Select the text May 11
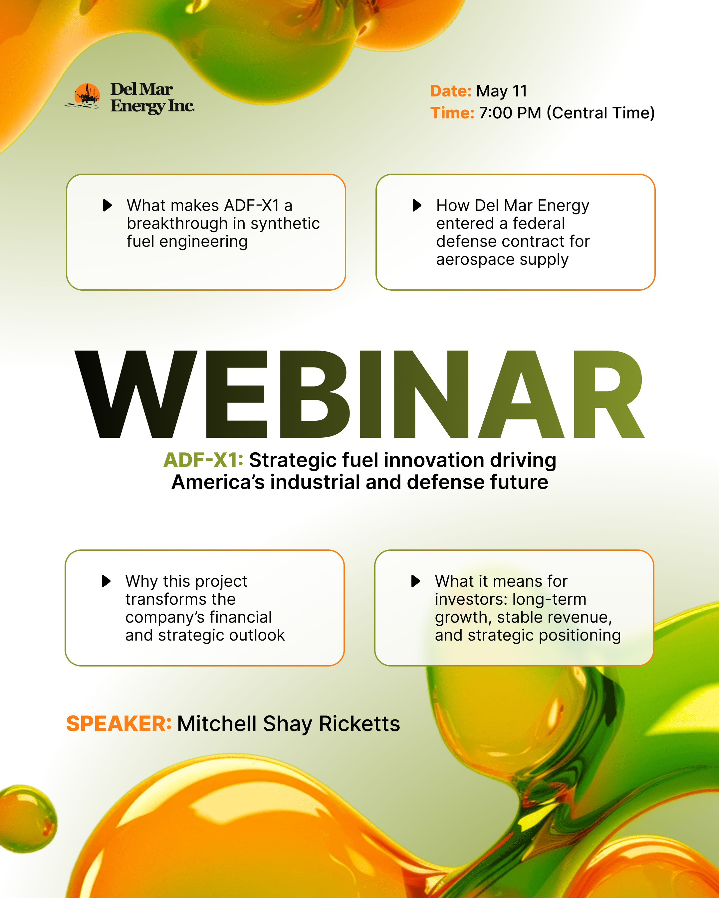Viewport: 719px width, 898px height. click(x=502, y=91)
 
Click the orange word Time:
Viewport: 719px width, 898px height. click(x=452, y=113)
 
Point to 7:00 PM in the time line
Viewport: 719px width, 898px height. click(x=510, y=113)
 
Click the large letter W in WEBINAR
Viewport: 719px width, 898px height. click(x=136, y=394)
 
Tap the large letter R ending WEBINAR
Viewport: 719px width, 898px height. click(x=608, y=394)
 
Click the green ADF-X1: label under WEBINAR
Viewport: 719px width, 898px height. click(x=203, y=460)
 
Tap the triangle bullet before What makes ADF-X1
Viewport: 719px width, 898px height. click(x=108, y=205)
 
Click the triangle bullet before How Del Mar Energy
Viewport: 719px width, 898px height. click(x=417, y=205)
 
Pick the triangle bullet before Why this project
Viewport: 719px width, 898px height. click(x=106, y=581)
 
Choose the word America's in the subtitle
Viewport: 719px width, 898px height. click(x=218, y=482)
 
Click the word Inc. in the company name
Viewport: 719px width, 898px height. click(x=181, y=106)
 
